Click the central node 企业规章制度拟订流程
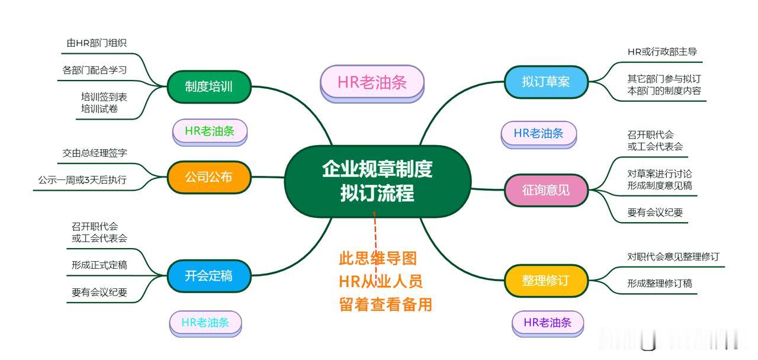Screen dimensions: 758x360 point(377,181)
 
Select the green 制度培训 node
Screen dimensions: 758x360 point(208,86)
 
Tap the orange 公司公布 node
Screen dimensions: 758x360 point(208,176)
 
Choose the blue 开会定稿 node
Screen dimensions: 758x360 point(208,275)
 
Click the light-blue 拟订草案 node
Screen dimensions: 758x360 point(546,82)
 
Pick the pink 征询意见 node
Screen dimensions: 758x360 point(546,190)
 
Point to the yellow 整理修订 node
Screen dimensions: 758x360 point(546,280)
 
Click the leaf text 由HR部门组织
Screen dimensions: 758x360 point(97,43)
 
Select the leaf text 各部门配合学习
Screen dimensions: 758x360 point(95,70)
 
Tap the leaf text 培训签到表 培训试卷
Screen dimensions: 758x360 point(104,102)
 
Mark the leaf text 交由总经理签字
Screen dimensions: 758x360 point(95,153)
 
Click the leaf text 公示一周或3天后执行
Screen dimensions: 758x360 point(82,180)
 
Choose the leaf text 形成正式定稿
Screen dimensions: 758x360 point(99,265)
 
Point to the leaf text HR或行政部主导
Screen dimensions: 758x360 point(662,52)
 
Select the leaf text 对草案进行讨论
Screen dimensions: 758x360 point(660,174)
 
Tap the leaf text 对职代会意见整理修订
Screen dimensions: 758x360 point(673,256)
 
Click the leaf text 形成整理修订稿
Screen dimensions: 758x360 point(660,284)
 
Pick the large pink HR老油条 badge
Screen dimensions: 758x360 point(372,82)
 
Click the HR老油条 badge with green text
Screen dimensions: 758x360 point(210,131)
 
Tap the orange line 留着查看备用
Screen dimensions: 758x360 point(386,304)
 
